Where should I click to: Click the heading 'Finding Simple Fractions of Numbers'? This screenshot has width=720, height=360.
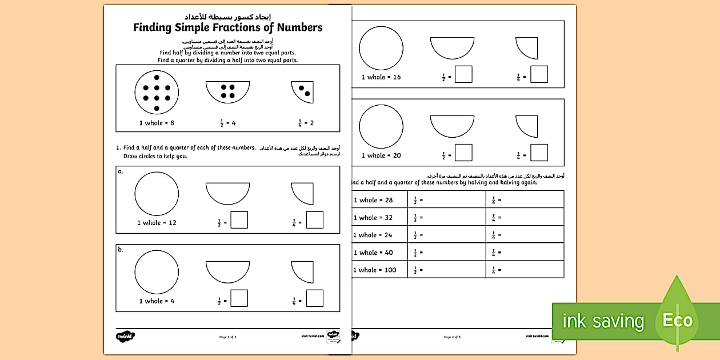[x=227, y=27]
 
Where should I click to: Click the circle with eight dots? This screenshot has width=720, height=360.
[x=157, y=91]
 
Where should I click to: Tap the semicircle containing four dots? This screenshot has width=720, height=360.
[x=228, y=91]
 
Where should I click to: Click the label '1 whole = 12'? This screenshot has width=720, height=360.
[x=157, y=223]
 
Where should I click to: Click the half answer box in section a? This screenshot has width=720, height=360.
[x=239, y=220]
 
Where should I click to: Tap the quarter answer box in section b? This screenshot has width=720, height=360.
[x=314, y=298]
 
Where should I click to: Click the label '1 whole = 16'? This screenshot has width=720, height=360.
[x=381, y=77]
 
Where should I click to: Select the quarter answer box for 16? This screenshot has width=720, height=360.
[x=539, y=74]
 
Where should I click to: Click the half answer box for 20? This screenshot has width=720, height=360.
[x=463, y=153]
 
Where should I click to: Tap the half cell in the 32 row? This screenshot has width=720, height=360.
[x=446, y=217]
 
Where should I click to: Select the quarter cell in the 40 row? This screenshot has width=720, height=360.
[x=525, y=252]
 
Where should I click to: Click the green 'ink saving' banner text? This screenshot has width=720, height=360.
[x=603, y=321]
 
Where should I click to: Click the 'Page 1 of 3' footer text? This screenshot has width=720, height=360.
[x=227, y=337]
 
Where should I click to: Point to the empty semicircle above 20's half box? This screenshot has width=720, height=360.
[x=452, y=126]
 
